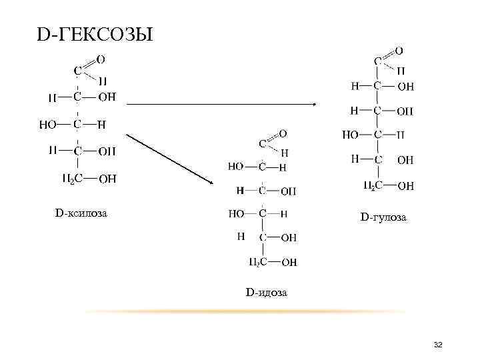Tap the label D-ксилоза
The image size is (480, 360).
(81, 213)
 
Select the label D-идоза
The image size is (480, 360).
(266, 292)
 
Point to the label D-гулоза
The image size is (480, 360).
(383, 217)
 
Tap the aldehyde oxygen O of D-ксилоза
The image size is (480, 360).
(101, 59)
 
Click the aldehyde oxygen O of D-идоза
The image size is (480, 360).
(283, 133)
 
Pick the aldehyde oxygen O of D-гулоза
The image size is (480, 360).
(399, 50)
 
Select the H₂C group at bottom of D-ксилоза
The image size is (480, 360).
(73, 178)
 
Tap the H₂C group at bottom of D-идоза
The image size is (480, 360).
(259, 262)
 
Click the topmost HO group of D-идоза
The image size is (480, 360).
(236, 166)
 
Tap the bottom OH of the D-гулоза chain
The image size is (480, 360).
(405, 186)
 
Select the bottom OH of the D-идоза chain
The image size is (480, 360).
(289, 263)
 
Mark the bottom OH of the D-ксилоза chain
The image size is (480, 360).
(107, 178)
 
